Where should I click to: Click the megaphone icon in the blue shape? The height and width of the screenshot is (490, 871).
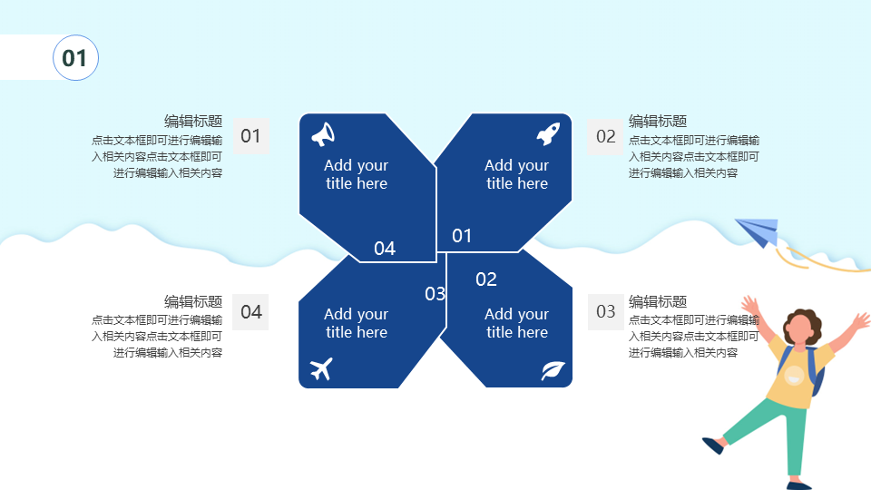323,134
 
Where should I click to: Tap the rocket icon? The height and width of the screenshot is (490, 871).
548,134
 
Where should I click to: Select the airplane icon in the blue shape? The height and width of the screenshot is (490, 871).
321,368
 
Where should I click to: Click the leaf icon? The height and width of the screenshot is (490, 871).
553,370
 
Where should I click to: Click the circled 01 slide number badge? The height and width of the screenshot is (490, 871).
75,58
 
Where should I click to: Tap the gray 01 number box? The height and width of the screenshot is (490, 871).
251,136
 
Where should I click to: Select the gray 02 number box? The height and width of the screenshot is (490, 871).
605,137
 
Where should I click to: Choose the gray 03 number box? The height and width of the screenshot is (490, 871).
606,311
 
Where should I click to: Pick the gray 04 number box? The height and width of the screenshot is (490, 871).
250,312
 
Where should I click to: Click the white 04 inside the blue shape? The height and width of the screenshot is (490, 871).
385,249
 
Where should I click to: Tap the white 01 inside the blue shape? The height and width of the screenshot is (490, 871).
462,236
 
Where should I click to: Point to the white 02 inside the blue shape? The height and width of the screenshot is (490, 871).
486,279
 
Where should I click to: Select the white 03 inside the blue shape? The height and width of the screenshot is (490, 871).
435,293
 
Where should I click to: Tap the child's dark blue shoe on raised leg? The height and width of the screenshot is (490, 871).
714,446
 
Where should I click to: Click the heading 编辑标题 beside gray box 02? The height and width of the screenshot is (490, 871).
658,121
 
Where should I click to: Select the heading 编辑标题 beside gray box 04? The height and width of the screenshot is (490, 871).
193,301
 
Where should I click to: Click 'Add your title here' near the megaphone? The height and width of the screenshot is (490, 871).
356,174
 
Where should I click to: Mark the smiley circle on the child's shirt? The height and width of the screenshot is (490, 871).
795,376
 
